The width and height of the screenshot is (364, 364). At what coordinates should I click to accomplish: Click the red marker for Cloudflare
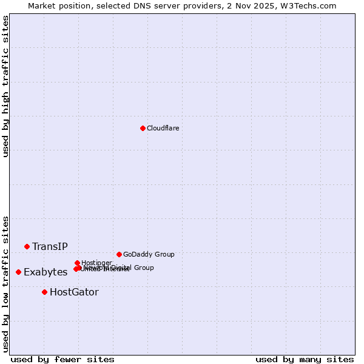(x=143, y=128)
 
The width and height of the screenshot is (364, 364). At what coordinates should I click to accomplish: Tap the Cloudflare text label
(x=163, y=128)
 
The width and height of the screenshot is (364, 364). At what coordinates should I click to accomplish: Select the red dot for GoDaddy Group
(x=119, y=254)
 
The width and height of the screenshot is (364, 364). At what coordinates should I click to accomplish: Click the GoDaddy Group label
(x=149, y=254)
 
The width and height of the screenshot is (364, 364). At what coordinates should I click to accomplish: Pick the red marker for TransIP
(x=27, y=246)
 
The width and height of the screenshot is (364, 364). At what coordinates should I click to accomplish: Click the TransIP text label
(x=50, y=246)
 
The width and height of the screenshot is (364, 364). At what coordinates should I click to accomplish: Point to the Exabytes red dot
(x=18, y=272)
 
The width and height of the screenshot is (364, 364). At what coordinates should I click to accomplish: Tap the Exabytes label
(x=45, y=272)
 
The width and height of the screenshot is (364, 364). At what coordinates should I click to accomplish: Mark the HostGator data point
(x=44, y=292)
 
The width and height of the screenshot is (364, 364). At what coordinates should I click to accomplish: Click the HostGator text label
(x=74, y=292)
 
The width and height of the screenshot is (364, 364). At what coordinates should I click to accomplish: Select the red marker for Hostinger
(x=77, y=263)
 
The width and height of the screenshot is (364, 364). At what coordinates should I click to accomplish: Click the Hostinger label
(x=96, y=263)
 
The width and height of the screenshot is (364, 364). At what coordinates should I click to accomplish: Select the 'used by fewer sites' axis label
(x=62, y=359)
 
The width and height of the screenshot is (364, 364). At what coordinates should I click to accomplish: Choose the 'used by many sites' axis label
(x=305, y=359)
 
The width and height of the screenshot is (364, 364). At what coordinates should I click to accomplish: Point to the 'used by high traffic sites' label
(x=5, y=86)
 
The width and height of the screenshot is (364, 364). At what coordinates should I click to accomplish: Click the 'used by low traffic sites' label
(x=5, y=284)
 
